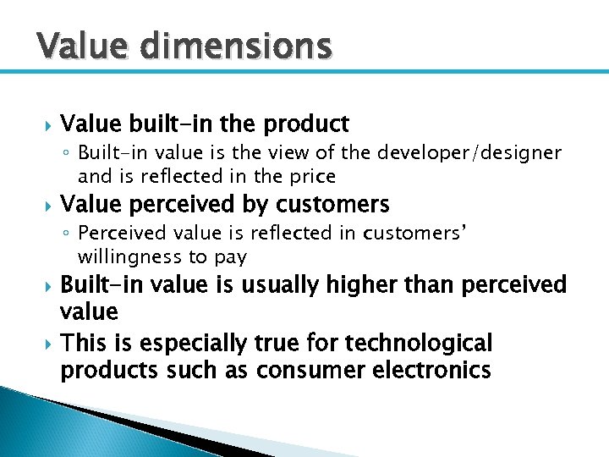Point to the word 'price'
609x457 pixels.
coord(314,177)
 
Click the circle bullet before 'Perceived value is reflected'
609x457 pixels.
coord(67,234)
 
